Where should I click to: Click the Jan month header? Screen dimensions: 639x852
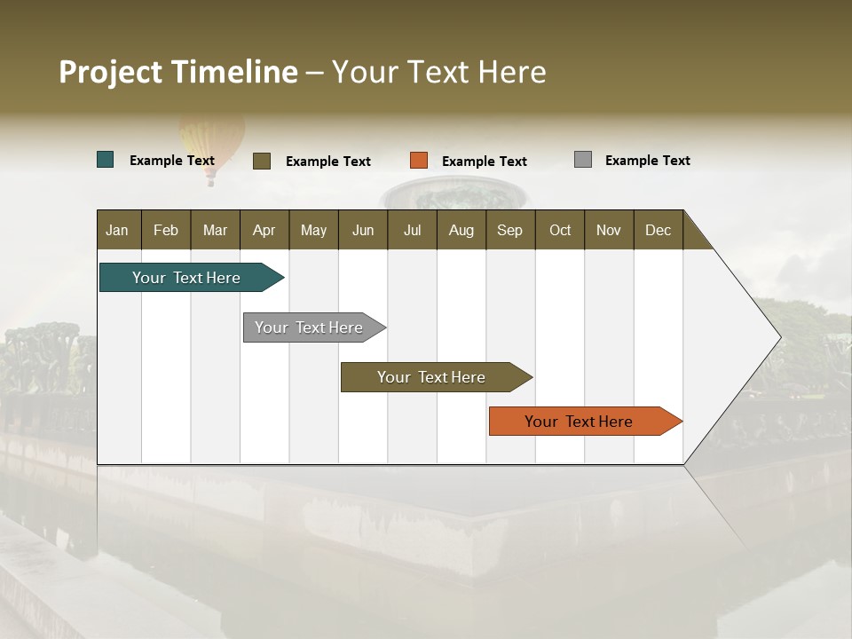click(117, 230)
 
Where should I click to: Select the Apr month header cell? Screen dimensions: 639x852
click(264, 230)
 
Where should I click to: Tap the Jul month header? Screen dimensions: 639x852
click(412, 230)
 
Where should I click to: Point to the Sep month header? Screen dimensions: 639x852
click(509, 230)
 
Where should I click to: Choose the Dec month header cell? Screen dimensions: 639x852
click(658, 230)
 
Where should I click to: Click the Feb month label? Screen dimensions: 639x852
click(166, 230)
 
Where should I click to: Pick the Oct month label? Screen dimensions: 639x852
click(560, 230)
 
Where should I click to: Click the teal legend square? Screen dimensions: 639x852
click(106, 160)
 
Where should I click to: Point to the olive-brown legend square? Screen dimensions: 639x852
click(262, 161)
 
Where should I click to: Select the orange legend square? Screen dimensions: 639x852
click(419, 161)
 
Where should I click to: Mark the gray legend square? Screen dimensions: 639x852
click(583, 160)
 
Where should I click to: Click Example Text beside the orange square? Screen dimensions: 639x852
click(485, 162)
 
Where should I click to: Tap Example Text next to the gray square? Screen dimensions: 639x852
click(648, 161)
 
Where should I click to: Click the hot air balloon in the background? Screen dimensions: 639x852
click(211, 142)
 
